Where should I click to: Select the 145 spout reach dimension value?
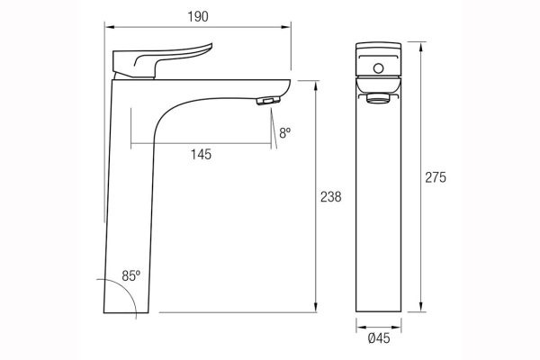[202, 155]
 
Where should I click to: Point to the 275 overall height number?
[436, 177]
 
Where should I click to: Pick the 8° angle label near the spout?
[284, 132]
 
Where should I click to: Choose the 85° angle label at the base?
[130, 277]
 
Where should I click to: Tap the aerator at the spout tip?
[265, 101]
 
